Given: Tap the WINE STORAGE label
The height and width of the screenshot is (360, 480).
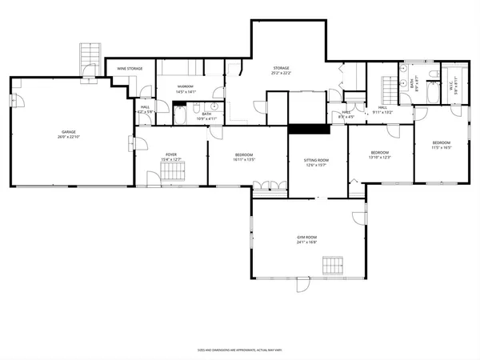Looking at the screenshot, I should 130,69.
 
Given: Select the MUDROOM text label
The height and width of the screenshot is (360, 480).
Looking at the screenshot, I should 186,86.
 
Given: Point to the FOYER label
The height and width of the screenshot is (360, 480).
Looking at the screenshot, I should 171,154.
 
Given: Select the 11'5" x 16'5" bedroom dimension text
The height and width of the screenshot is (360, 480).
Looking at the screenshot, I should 442,147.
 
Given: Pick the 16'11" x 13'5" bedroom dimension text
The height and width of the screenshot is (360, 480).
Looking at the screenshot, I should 244,159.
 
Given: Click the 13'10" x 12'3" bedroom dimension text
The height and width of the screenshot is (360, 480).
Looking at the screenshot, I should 379,156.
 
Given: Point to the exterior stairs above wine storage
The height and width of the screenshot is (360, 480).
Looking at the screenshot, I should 87,58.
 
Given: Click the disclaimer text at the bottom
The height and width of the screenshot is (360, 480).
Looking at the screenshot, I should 240,350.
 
